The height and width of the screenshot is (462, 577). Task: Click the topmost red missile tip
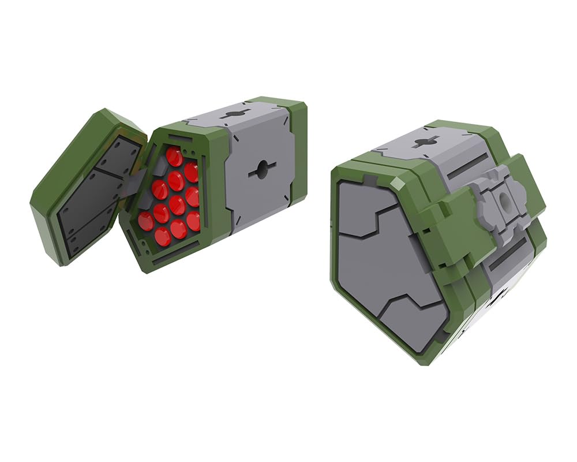pos(174,156)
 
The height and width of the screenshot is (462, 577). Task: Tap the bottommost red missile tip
pos(163,236)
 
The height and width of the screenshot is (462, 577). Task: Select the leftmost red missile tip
pos(145,221)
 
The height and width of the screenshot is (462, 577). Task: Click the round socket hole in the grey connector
pos(504,203)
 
